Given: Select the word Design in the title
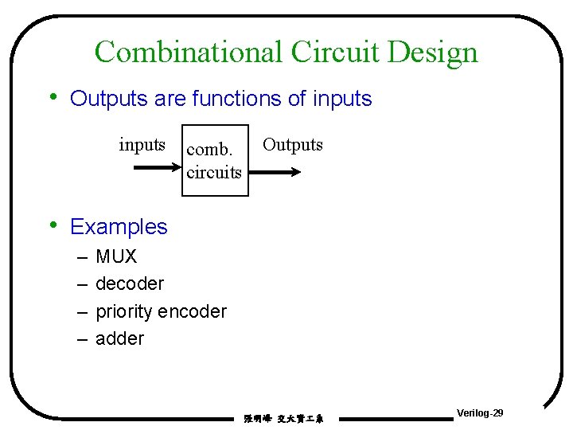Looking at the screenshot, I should [433, 53].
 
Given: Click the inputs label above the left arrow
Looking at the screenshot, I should [142, 145].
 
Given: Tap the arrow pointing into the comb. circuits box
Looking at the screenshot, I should [156, 169].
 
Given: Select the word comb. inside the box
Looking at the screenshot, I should [209, 149].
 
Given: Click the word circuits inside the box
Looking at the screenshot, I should [213, 171].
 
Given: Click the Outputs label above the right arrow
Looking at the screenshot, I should [293, 145].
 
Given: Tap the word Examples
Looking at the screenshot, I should [119, 227].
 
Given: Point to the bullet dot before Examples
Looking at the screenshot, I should [53, 225].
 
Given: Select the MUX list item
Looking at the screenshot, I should [116, 256].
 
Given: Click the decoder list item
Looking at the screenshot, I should [130, 283].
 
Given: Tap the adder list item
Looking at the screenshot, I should [119, 338].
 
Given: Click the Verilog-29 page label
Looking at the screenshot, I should [480, 413].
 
